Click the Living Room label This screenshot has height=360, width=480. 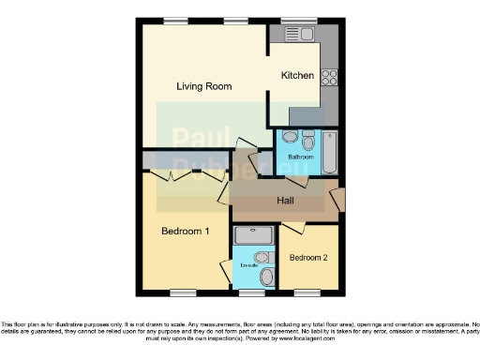coord(204,86)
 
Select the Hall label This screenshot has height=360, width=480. coord(288,202)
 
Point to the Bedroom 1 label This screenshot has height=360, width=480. coord(185,232)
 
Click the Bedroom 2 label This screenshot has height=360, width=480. coord(307,258)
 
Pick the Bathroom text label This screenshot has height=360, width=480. coord(300,157)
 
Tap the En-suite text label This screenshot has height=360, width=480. coord(248,266)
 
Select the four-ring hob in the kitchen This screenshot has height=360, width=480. coord(329,77)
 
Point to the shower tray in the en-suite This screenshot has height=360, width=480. coord(253,235)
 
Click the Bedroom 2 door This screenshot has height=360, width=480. coord(293,228)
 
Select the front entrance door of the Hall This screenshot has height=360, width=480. coord(337,199)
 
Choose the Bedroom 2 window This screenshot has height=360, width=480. coord(307,292)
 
